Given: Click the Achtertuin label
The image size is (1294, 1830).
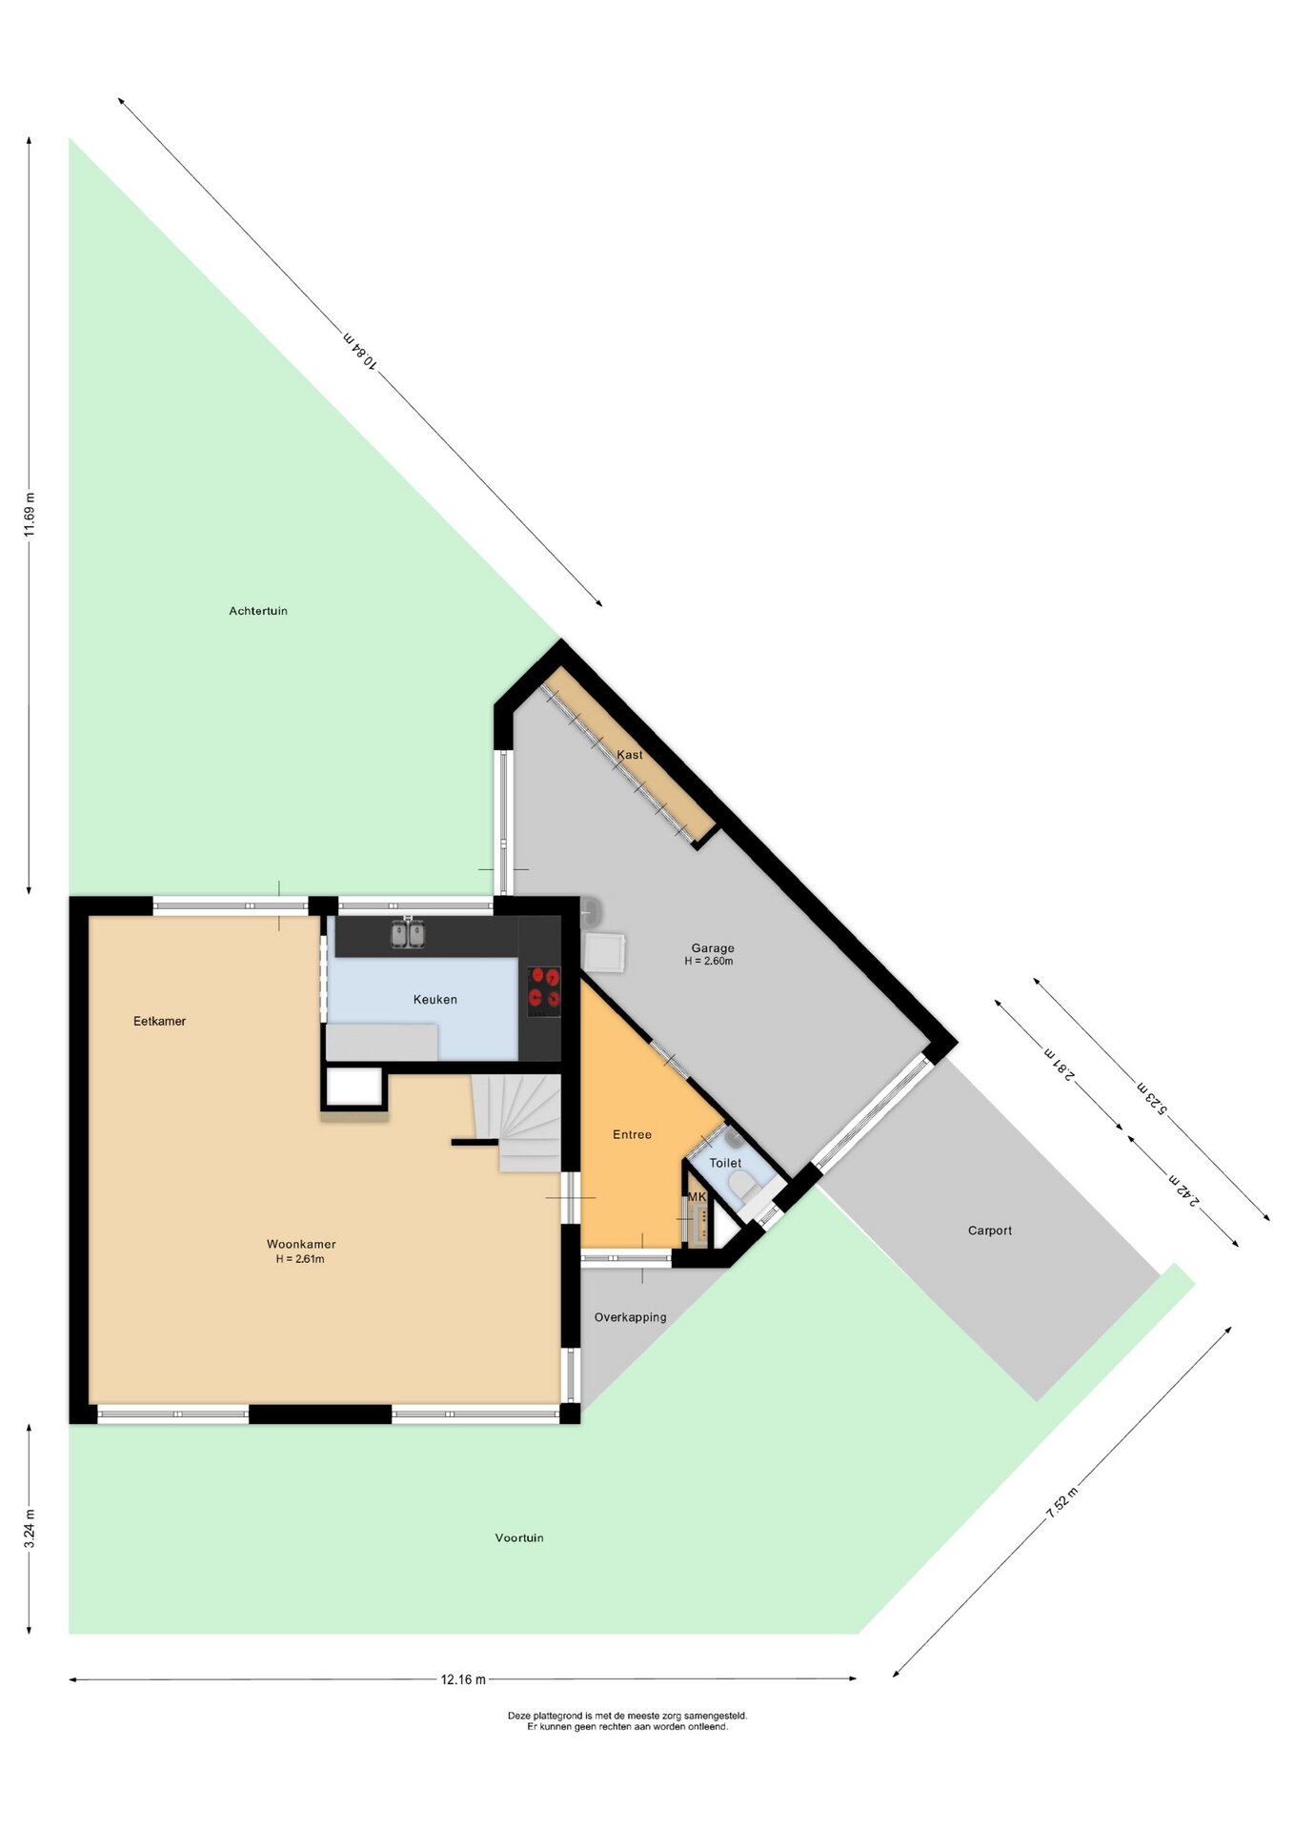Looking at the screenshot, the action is [258, 611].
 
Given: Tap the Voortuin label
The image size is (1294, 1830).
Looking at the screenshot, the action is [519, 1537].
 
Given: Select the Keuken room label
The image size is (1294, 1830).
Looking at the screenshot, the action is [435, 1000].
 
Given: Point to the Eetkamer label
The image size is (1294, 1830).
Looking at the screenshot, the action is [159, 1021].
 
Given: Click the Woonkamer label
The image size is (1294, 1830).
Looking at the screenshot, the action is [301, 1244].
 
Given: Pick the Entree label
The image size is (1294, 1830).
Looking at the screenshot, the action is [632, 1134].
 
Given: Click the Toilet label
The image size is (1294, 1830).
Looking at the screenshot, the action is [725, 1163].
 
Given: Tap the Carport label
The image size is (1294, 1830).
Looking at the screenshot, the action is [990, 1230].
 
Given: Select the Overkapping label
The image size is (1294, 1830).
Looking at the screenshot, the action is [630, 1317].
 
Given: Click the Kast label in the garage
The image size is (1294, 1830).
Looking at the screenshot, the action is [630, 755].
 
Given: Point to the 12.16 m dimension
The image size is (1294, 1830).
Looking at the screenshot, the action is [463, 1679].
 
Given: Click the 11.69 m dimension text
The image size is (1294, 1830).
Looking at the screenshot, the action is [30, 515].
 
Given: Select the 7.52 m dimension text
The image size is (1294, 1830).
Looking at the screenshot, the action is [1061, 1502].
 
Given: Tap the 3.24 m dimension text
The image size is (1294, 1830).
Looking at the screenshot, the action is [30, 1529].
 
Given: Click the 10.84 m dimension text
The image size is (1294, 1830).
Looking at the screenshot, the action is [361, 350].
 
